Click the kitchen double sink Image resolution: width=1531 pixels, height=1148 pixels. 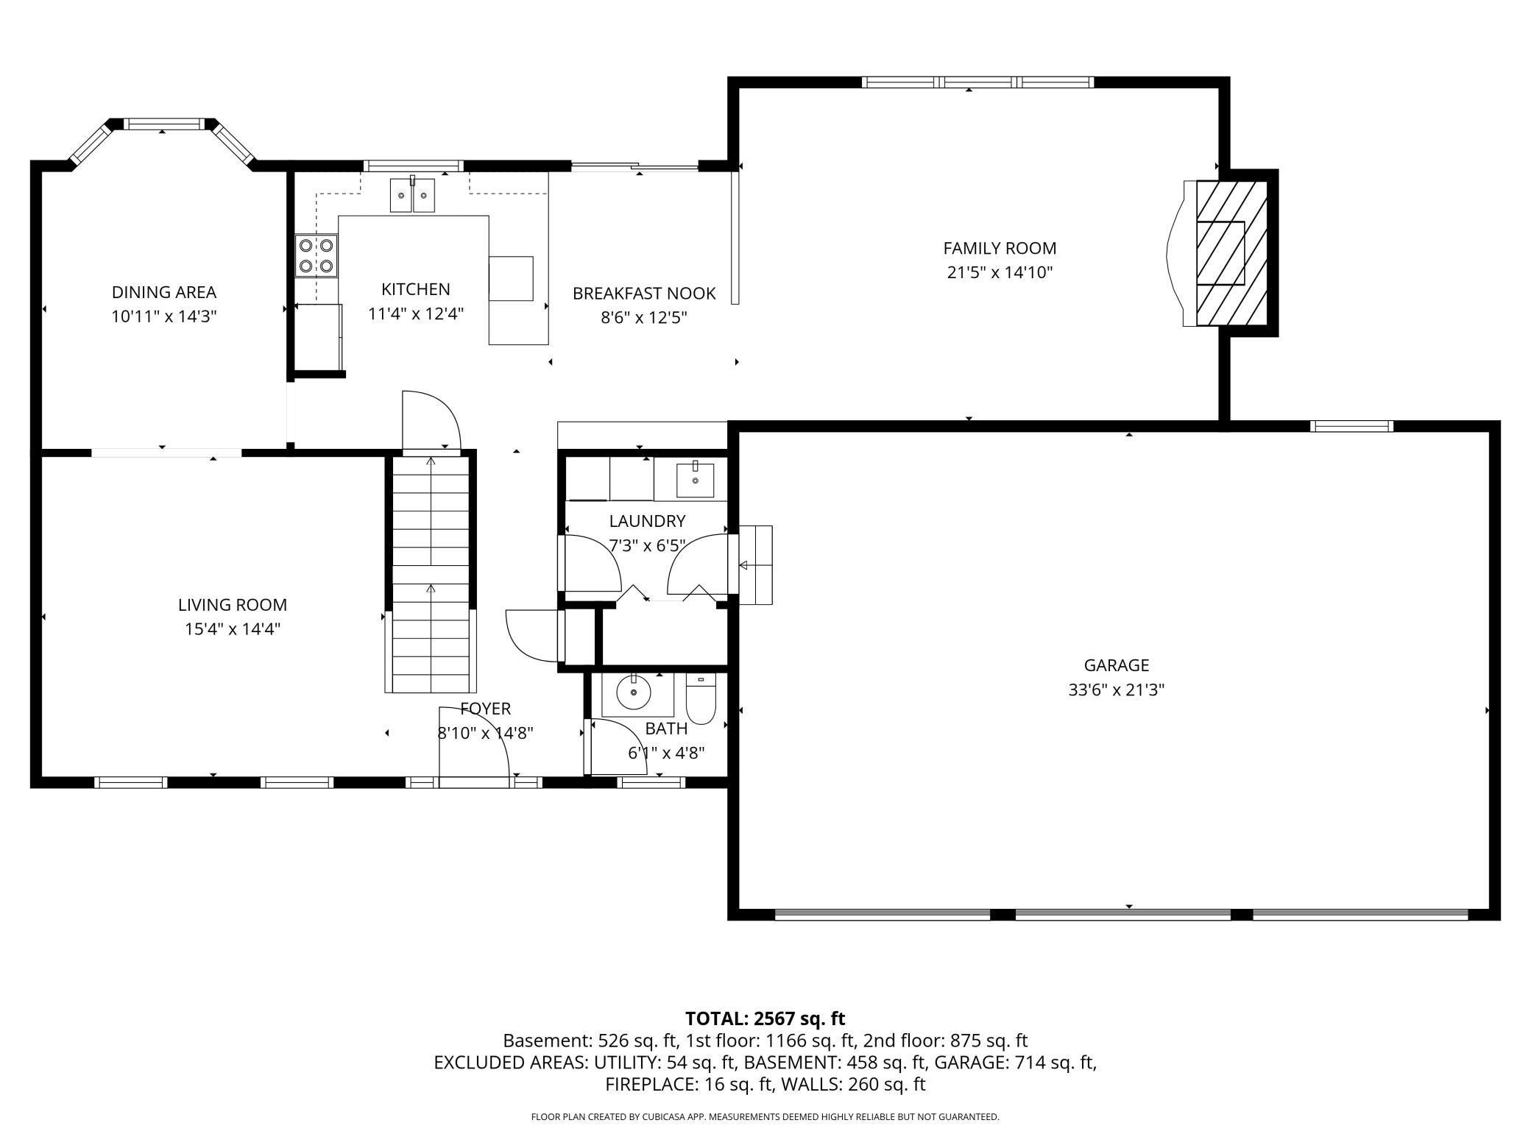click(412, 195)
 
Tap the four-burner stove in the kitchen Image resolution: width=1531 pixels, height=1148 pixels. click(317, 255)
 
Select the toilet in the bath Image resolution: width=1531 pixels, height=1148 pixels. click(701, 699)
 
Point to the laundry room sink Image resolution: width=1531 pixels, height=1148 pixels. click(695, 480)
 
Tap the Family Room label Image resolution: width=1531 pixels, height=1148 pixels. click(1000, 249)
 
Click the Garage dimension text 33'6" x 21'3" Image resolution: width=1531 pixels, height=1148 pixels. click(1117, 690)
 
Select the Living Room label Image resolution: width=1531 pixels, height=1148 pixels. click(233, 605)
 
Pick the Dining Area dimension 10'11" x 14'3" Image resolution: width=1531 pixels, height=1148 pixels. click(164, 317)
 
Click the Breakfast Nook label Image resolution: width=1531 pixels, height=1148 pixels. click(644, 294)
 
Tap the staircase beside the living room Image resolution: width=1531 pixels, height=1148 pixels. click(431, 574)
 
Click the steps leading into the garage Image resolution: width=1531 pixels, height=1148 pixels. click(755, 565)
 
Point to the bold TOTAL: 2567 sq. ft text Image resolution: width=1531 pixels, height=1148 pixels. click(765, 1018)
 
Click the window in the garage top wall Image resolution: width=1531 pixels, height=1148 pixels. click(1352, 426)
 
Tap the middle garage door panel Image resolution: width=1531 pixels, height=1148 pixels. click(1123, 915)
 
